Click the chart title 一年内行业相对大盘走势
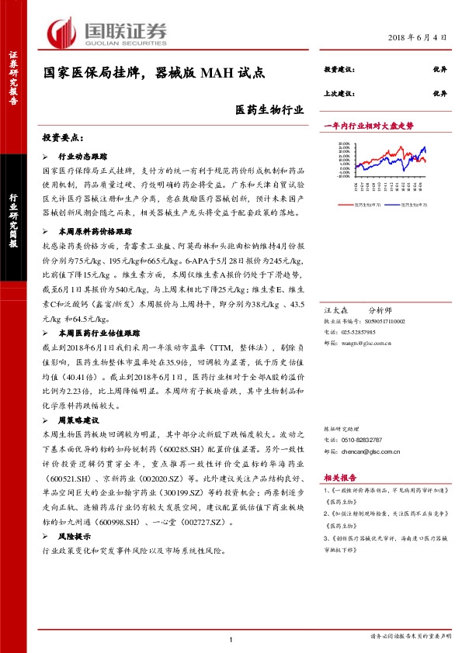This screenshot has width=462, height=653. coord(368,125)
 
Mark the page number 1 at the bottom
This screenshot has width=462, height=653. coord(231,639)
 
